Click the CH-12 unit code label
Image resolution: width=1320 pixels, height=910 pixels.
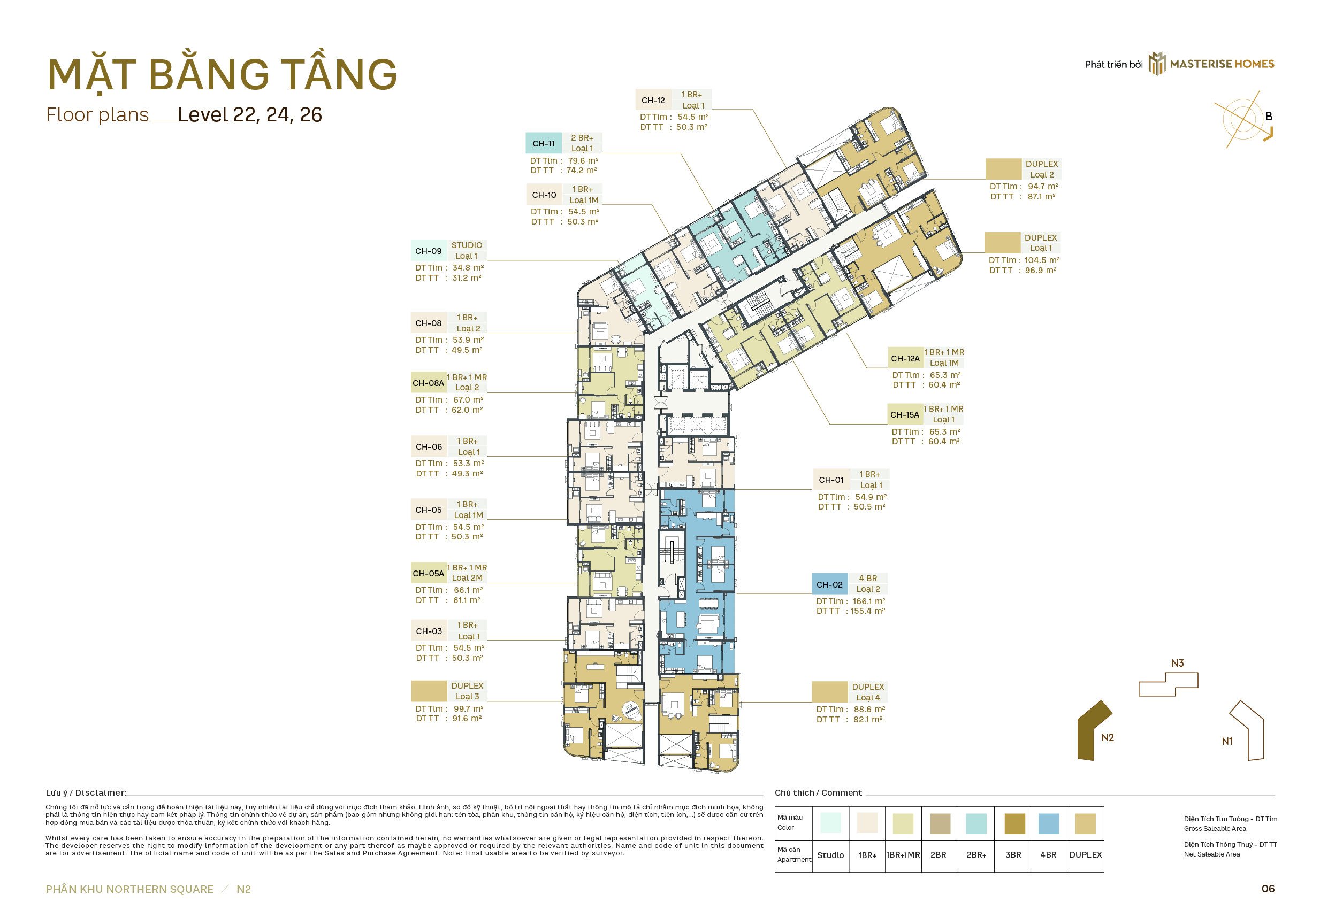[653, 101]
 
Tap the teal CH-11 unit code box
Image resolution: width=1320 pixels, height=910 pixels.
[544, 144]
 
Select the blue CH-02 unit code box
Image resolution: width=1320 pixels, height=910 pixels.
[829, 585]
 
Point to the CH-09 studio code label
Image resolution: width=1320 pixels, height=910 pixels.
[429, 251]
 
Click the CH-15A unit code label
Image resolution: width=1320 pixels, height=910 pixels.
[905, 415]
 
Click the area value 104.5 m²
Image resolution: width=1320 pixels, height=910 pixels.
[1042, 260]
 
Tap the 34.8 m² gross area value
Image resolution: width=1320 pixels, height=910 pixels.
[468, 268]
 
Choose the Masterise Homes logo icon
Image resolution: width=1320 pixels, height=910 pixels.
[1157, 63]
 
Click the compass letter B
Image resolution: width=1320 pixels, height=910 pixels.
[1268, 117]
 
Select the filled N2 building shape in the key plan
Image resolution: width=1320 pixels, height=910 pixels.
[1093, 730]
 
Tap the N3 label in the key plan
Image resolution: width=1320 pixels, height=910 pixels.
[1177, 664]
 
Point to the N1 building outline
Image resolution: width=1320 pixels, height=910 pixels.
[1263, 736]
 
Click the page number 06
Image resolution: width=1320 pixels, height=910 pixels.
[1268, 890]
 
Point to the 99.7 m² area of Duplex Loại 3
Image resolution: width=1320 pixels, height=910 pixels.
[468, 710]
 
